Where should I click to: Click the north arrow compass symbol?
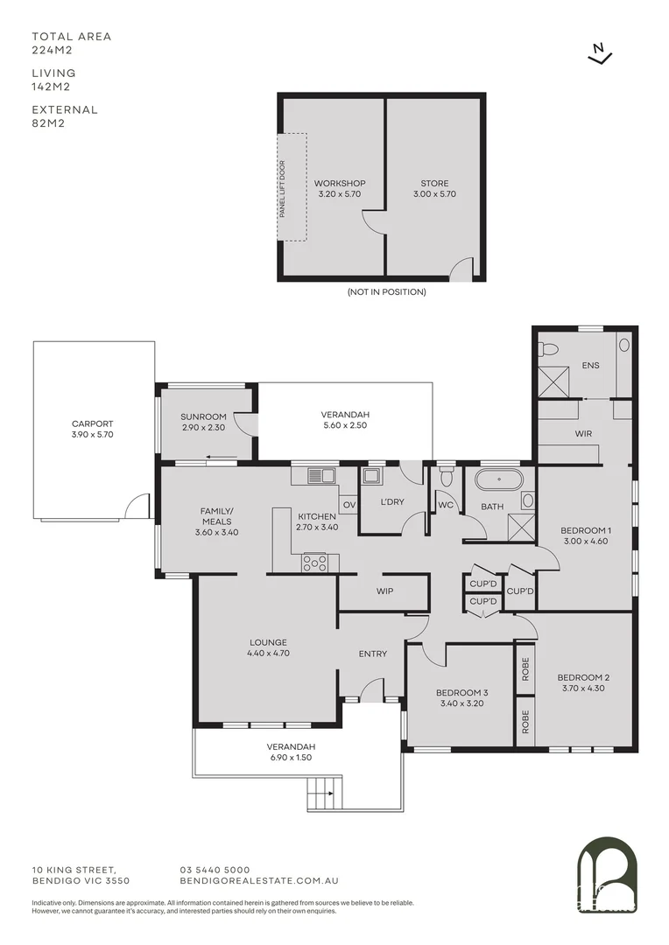pos(599,54)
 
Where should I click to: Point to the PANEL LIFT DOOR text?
pos(282,187)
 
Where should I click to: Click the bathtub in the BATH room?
pos(498,480)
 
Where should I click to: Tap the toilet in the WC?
pos(447,476)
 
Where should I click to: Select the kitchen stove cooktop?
pos(314,563)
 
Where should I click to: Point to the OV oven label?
pos(348,504)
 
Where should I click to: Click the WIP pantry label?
pos(384,591)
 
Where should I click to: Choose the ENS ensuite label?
pos(590,365)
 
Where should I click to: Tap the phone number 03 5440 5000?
pos(215,869)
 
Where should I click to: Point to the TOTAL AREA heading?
pos(72,37)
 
